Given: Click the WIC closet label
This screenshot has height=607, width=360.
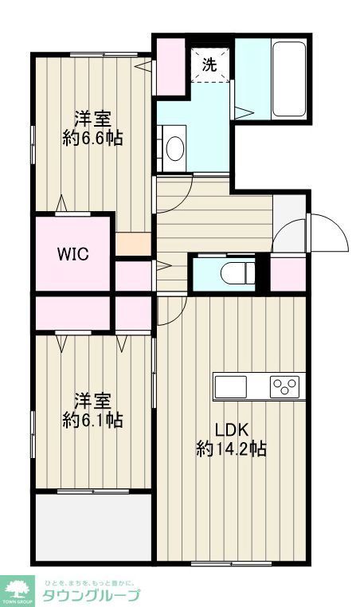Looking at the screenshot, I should [72, 255].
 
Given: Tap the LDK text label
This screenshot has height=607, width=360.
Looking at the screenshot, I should [230, 426].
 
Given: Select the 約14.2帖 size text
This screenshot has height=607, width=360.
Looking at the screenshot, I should [231, 448].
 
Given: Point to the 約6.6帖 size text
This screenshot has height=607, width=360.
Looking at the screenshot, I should [92, 138].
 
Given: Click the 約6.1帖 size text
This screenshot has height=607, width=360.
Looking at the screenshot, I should [92, 419].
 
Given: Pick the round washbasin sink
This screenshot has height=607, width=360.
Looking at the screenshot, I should [174, 147].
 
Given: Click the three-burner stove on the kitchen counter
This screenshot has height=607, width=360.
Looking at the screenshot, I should [284, 386].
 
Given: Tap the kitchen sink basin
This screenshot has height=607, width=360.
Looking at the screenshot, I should [231, 386].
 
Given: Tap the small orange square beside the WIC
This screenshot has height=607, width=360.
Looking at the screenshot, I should [132, 243].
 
